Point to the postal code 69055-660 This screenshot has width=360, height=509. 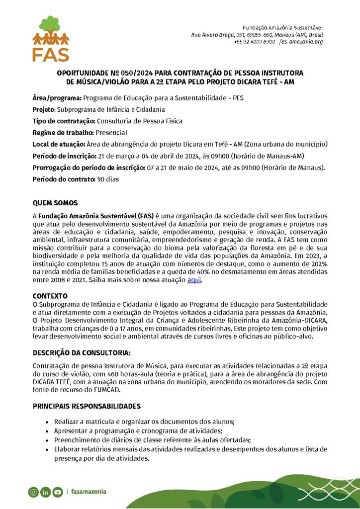click(257, 34)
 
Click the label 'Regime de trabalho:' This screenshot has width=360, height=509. click(58, 133)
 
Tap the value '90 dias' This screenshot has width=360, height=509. click(108, 179)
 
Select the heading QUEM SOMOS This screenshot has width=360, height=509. click(55, 203)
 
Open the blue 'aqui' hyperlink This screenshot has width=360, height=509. click(194, 280)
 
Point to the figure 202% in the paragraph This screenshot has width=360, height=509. click(317, 263)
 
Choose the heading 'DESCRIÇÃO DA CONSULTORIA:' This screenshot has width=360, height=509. click(82, 352)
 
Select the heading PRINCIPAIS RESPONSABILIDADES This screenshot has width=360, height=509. click(87, 406)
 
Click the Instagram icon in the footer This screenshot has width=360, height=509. click(33, 492)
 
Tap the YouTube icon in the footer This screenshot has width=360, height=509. click(58, 492)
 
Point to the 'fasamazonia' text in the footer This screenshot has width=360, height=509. click(89, 492)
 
